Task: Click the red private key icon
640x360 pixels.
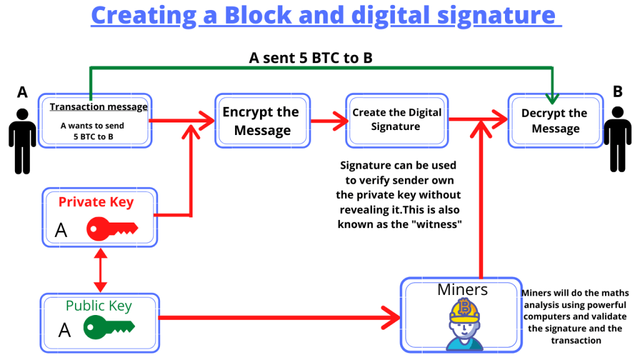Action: (112, 229)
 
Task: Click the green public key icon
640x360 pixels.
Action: (109, 327)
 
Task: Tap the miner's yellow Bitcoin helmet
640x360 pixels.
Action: (464, 310)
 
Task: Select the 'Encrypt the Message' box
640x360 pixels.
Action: (262, 121)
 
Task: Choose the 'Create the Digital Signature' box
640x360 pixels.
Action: (397, 121)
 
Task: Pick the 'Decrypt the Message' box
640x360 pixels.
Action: (555, 121)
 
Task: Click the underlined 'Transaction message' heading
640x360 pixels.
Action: (98, 107)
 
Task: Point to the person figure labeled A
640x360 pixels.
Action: (22, 141)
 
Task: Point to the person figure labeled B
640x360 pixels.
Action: (617, 139)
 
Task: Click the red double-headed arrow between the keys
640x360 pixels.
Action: (101, 270)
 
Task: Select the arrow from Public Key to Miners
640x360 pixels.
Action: (279, 317)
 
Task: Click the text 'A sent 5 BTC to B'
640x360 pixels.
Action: (311, 58)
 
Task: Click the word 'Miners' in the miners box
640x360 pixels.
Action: (462, 290)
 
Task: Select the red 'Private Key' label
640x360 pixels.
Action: (96, 202)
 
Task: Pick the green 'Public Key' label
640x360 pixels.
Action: (99, 306)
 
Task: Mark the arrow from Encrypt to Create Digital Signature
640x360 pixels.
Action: (329, 121)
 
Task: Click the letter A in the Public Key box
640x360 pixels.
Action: (64, 330)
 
